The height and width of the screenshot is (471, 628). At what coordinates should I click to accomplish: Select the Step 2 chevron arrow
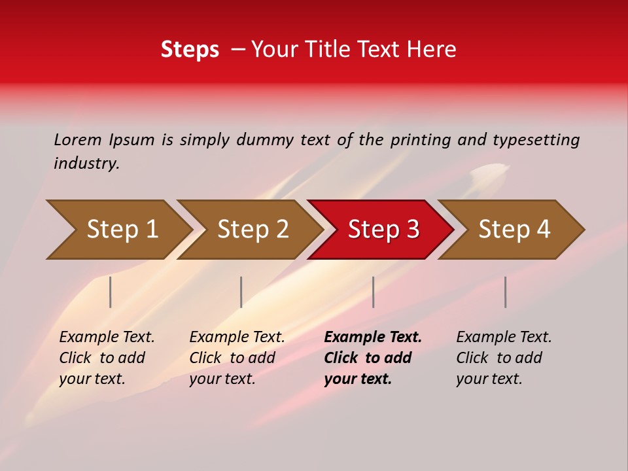pyautogui.click(x=253, y=230)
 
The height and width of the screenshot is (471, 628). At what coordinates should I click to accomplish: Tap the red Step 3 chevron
pyautogui.click(x=383, y=230)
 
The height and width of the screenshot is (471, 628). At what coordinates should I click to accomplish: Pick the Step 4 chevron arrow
pyautogui.click(x=514, y=230)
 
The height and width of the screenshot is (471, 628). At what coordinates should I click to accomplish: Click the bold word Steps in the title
pyautogui.click(x=190, y=50)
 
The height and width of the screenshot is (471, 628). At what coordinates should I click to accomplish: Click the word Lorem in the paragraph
pyautogui.click(x=78, y=139)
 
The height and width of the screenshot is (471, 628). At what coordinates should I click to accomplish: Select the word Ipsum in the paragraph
pyautogui.click(x=132, y=139)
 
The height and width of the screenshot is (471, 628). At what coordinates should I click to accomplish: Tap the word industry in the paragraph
pyautogui.click(x=86, y=163)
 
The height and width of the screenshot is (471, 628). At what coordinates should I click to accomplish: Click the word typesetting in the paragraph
pyautogui.click(x=536, y=139)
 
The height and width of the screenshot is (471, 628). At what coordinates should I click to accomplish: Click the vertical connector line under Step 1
pyautogui.click(x=111, y=292)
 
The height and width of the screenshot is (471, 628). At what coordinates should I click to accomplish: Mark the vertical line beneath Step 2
pyautogui.click(x=241, y=292)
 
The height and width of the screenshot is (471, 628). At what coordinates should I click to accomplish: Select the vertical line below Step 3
pyautogui.click(x=373, y=292)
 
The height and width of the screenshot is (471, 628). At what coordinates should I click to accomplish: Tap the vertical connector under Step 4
pyautogui.click(x=505, y=292)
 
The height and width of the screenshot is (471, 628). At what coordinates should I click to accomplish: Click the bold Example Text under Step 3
pyautogui.click(x=373, y=337)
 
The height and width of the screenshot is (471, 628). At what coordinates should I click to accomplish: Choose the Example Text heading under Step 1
pyautogui.click(x=107, y=337)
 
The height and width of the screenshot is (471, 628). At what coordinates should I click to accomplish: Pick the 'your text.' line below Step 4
pyautogui.click(x=489, y=379)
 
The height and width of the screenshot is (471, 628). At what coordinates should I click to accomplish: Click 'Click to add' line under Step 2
pyautogui.click(x=232, y=358)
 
